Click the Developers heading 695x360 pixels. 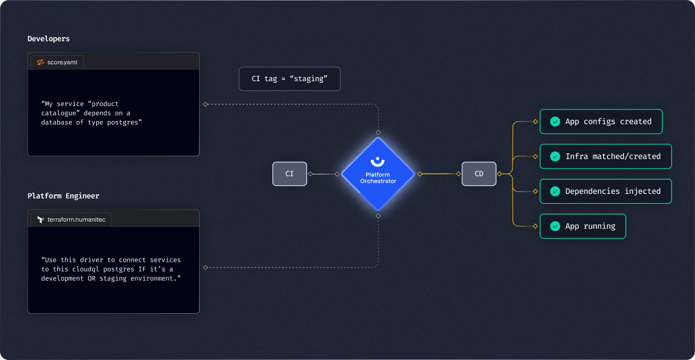pos(49,39)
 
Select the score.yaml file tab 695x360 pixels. pos(56,61)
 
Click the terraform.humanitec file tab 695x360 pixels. pos(70,219)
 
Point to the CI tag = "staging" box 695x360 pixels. pos(290,79)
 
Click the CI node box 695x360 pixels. pos(290,174)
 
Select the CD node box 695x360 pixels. pos(479,174)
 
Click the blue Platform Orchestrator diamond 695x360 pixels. pos(378,174)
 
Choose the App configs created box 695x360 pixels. pos(601,122)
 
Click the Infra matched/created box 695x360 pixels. pos(605,156)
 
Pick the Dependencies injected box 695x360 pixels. pos(605,191)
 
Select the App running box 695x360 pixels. pos(583,226)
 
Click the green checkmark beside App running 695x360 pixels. pos(555,226)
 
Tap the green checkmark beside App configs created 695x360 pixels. pos(555,122)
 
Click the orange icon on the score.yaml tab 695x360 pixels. pos(41,61)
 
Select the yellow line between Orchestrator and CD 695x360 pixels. pos(438,174)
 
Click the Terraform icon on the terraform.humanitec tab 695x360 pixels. pos(41,219)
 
